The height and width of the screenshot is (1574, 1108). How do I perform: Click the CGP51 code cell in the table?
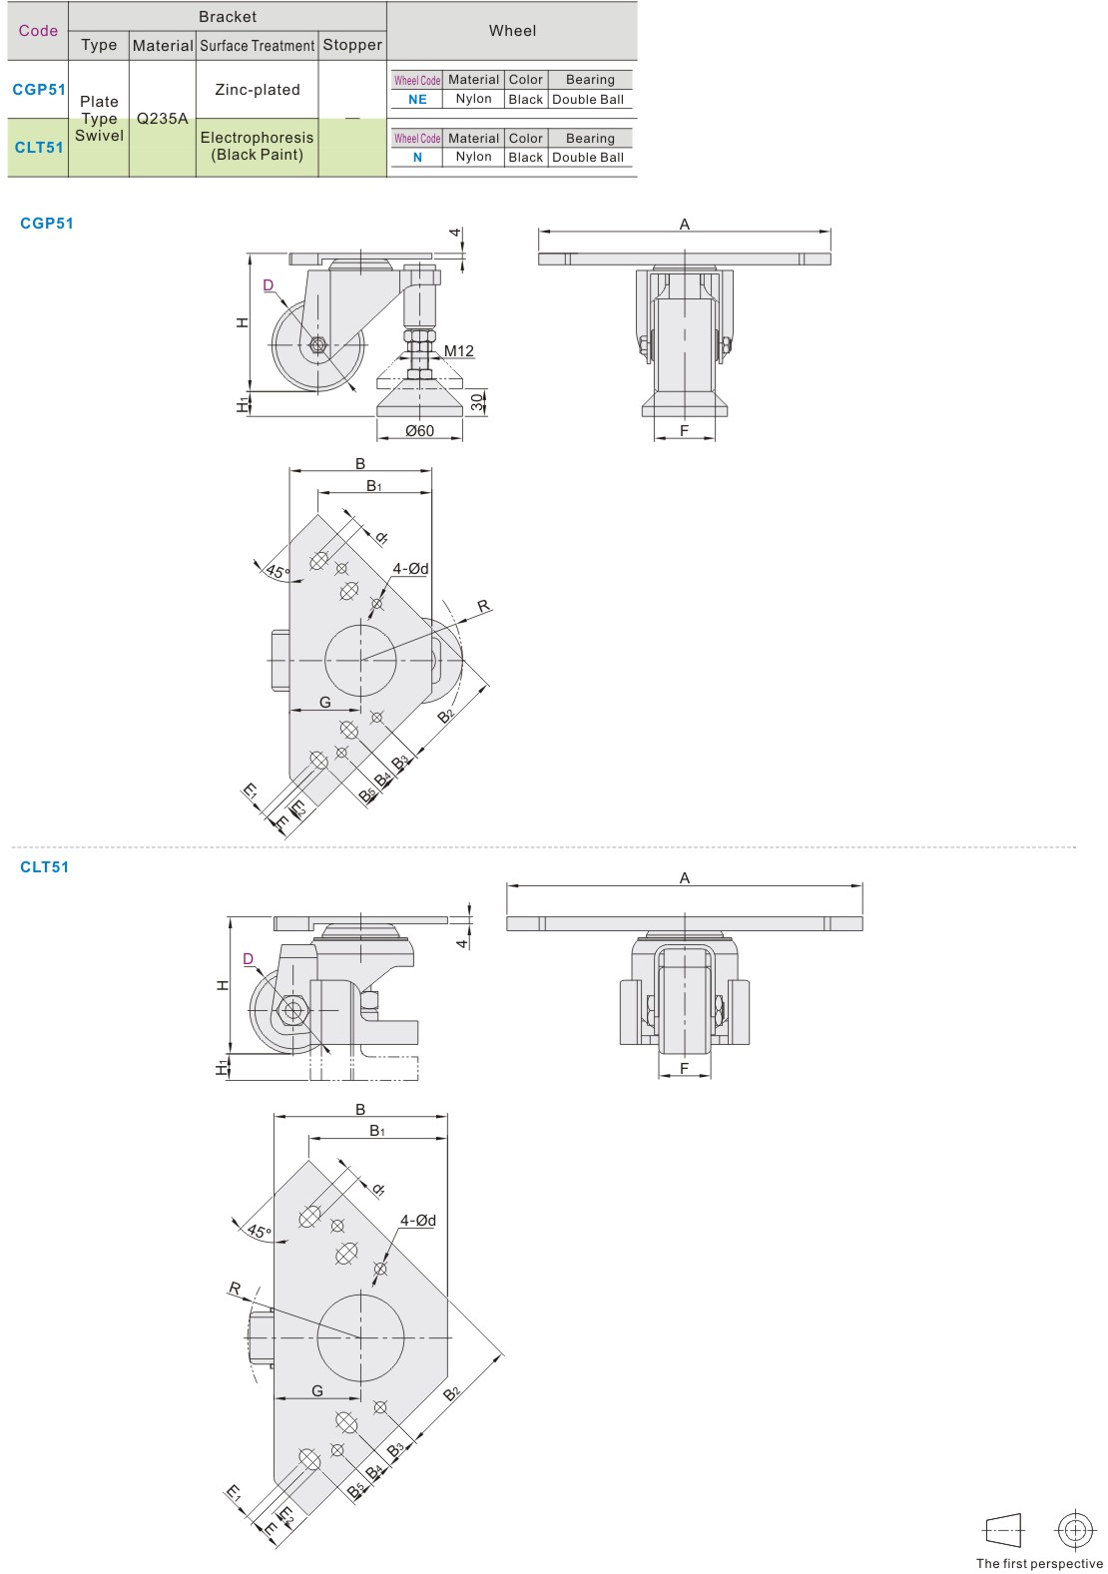[x=39, y=90]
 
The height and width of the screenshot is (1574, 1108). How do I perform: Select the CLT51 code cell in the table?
[x=39, y=148]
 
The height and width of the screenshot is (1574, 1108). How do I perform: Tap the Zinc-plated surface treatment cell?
[x=258, y=90]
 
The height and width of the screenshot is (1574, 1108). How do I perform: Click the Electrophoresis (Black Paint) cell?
[x=257, y=146]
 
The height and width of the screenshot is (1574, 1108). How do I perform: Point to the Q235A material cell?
[x=163, y=118]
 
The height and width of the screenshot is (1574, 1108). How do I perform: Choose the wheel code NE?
[x=417, y=100]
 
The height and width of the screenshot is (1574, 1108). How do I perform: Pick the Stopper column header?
[x=352, y=45]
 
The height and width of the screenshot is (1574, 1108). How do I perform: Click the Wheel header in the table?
[x=512, y=31]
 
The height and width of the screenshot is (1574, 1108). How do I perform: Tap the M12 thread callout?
[x=459, y=350]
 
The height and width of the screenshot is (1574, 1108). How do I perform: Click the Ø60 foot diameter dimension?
[x=419, y=431]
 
